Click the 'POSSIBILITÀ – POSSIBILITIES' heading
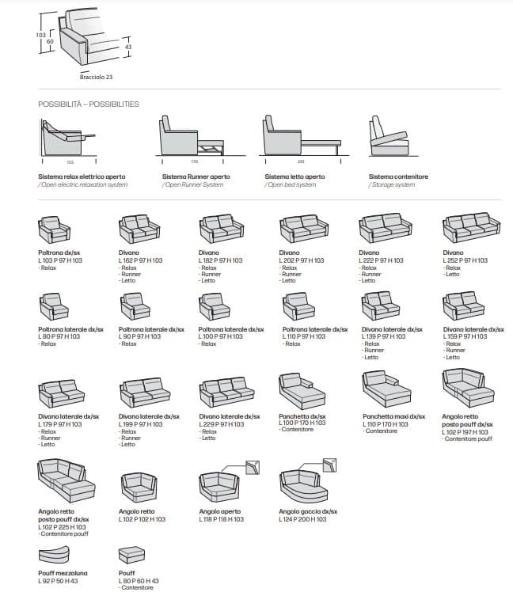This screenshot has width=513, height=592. pos(89,104)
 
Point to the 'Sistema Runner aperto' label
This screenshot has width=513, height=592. pos(196,176)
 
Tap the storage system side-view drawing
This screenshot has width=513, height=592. pos(388,139)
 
